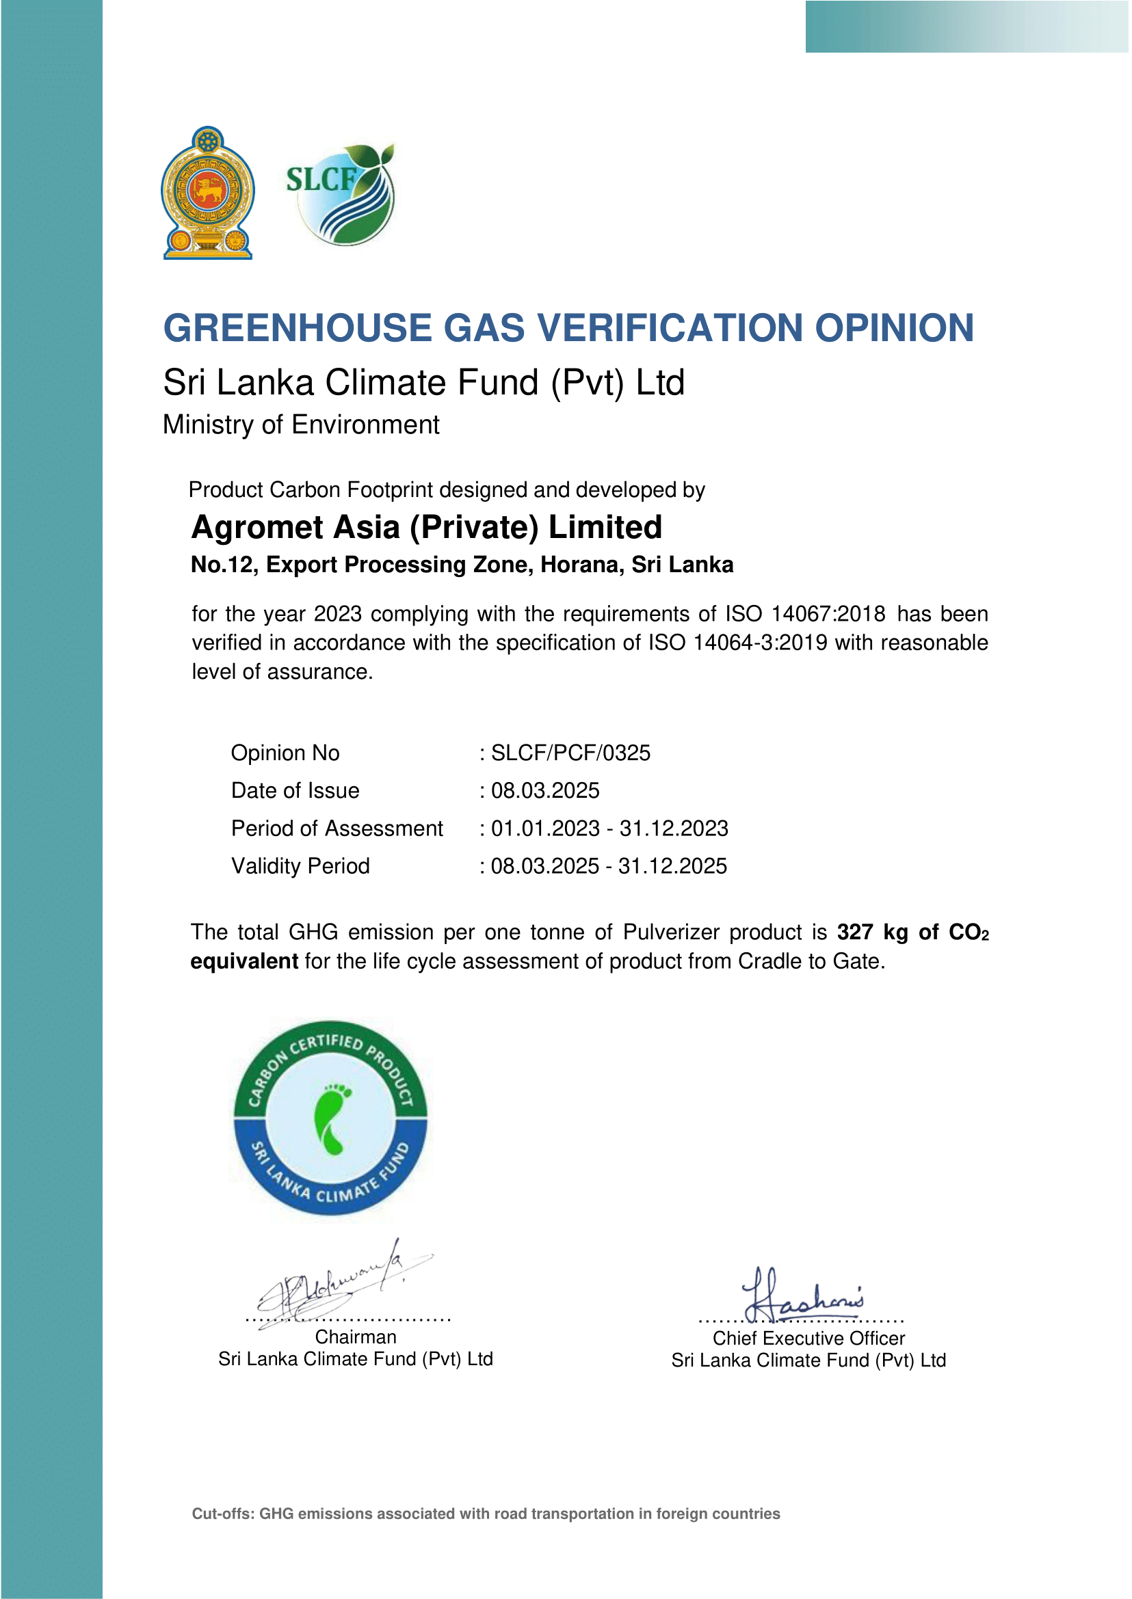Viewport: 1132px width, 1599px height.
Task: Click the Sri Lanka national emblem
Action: (208, 193)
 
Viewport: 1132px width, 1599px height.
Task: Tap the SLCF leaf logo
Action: (341, 194)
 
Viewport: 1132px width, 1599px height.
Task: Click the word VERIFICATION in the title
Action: (668, 327)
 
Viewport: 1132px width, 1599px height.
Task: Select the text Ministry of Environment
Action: (300, 425)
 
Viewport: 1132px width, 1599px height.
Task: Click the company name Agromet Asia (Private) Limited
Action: (427, 528)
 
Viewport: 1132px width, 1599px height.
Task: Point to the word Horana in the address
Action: (582, 565)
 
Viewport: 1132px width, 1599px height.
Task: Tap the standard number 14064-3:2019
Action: (760, 643)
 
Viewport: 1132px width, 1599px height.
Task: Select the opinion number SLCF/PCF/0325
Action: (570, 753)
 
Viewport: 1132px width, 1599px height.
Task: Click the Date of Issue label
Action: (295, 791)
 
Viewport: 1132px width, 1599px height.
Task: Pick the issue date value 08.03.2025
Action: (545, 791)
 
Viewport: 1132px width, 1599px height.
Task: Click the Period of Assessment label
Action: (337, 829)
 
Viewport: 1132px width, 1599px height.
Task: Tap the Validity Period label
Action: (300, 866)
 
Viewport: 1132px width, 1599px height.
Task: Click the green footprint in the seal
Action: (332, 1118)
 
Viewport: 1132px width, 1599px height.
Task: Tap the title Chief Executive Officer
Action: (808, 1339)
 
